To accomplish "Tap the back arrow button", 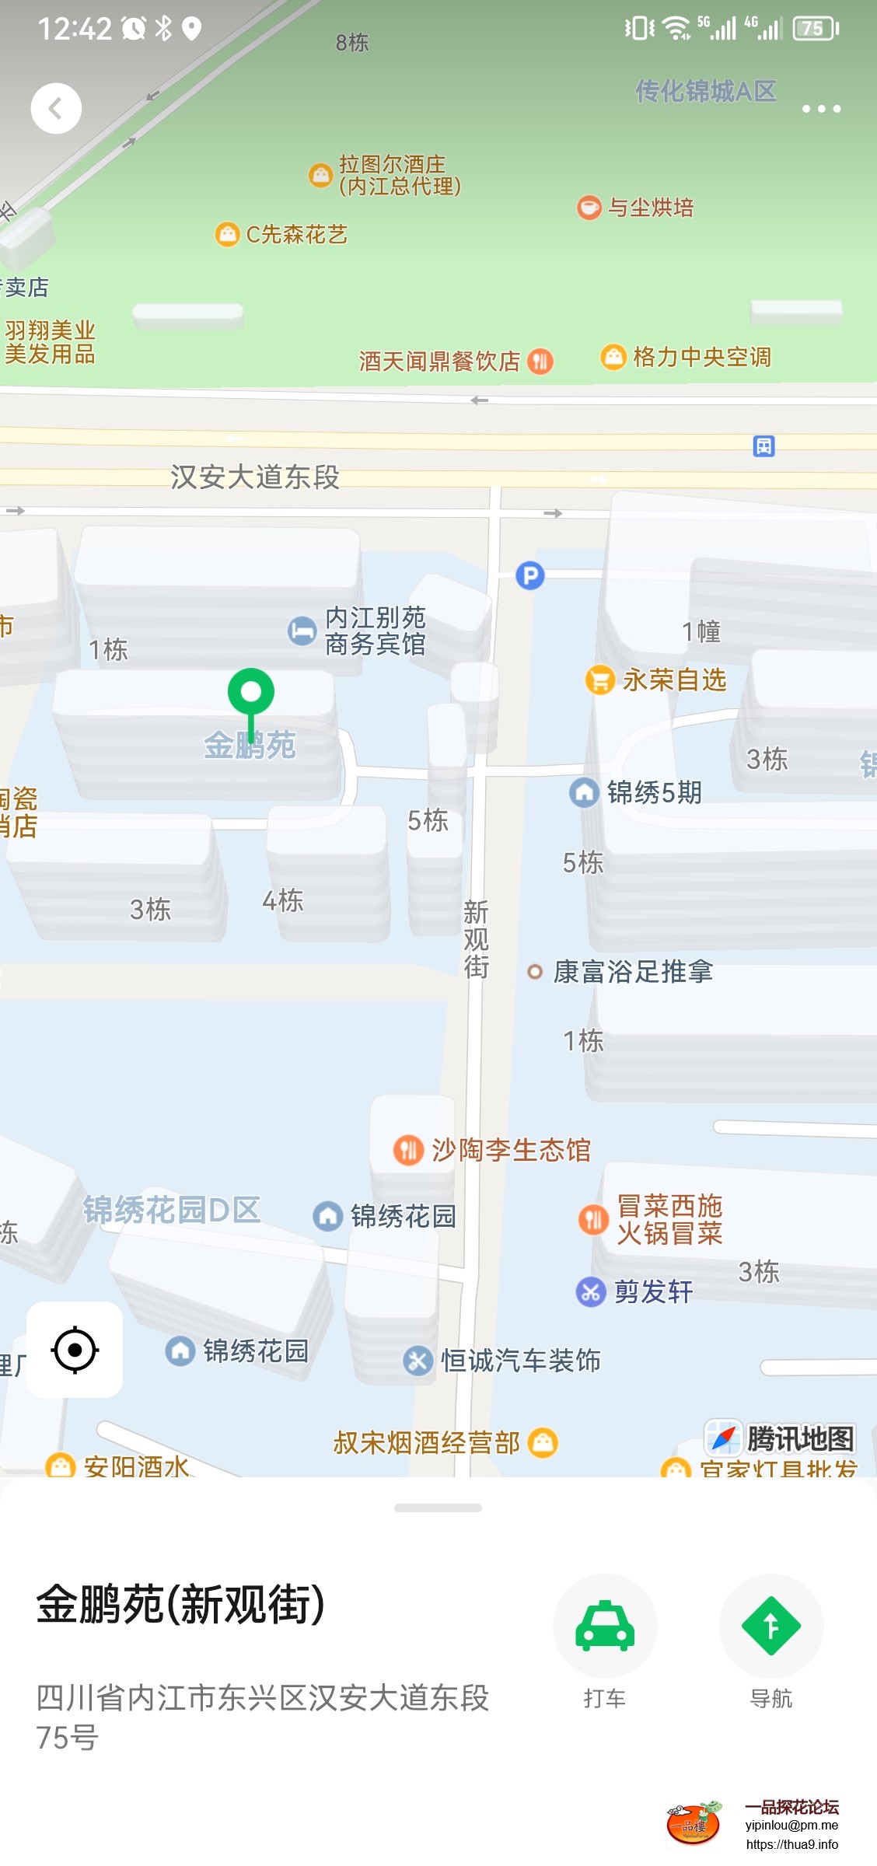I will tap(56, 108).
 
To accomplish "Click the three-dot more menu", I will tap(821, 109).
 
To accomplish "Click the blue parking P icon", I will tap(530, 575).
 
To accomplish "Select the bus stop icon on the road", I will tap(763, 446).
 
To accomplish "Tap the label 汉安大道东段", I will tap(255, 477).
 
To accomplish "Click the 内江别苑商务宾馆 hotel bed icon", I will tap(302, 631).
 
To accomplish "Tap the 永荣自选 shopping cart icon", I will tap(599, 680).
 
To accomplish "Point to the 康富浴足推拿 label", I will tap(632, 972).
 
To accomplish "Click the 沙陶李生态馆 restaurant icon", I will tap(408, 1150).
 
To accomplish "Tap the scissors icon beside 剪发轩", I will tap(590, 1292).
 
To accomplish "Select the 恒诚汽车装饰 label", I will tap(520, 1361).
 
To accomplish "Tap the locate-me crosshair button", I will tap(75, 1350).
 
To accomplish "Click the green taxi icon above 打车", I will tap(605, 1626).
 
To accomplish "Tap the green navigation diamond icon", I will tap(770, 1626).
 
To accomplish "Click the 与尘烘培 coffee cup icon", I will tap(589, 208).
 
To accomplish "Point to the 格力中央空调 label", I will tap(701, 357).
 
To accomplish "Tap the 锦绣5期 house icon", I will tap(584, 793).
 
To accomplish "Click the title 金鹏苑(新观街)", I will tap(180, 1604).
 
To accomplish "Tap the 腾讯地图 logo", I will tap(780, 1438).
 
